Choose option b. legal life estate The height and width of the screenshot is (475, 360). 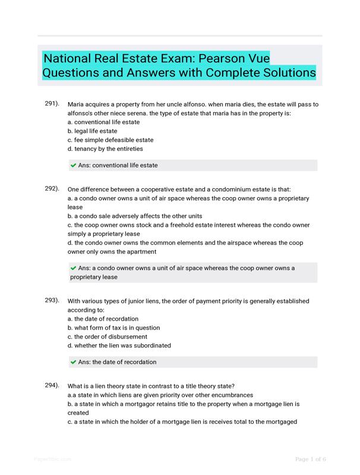(92, 131)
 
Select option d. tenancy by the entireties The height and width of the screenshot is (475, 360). (105, 148)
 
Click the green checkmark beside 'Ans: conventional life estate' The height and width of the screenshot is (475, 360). (74, 165)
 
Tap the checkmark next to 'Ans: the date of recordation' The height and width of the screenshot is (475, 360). (74, 362)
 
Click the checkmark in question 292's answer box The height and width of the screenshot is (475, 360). (74, 268)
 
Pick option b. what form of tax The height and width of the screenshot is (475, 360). (113, 327)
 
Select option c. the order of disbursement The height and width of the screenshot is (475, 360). (107, 336)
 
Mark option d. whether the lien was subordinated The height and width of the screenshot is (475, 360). (119, 345)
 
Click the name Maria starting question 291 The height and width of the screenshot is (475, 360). (77, 104)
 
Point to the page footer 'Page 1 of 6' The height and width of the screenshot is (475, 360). (311, 459)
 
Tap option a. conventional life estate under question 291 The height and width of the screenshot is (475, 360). (104, 122)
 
